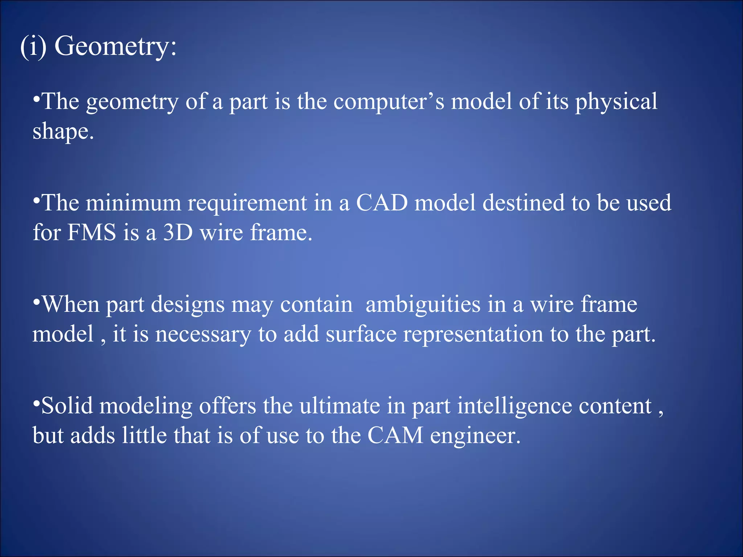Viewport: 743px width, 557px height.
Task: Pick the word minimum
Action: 133,203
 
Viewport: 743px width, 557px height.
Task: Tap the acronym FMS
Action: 92,232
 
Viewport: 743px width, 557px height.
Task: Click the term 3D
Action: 178,232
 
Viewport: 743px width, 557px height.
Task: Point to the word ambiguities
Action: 423,305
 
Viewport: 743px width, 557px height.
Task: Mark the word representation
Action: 473,335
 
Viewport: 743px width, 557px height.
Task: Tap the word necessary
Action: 203,335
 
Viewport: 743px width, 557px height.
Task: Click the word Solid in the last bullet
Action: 67,406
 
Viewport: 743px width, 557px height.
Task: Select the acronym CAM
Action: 395,436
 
